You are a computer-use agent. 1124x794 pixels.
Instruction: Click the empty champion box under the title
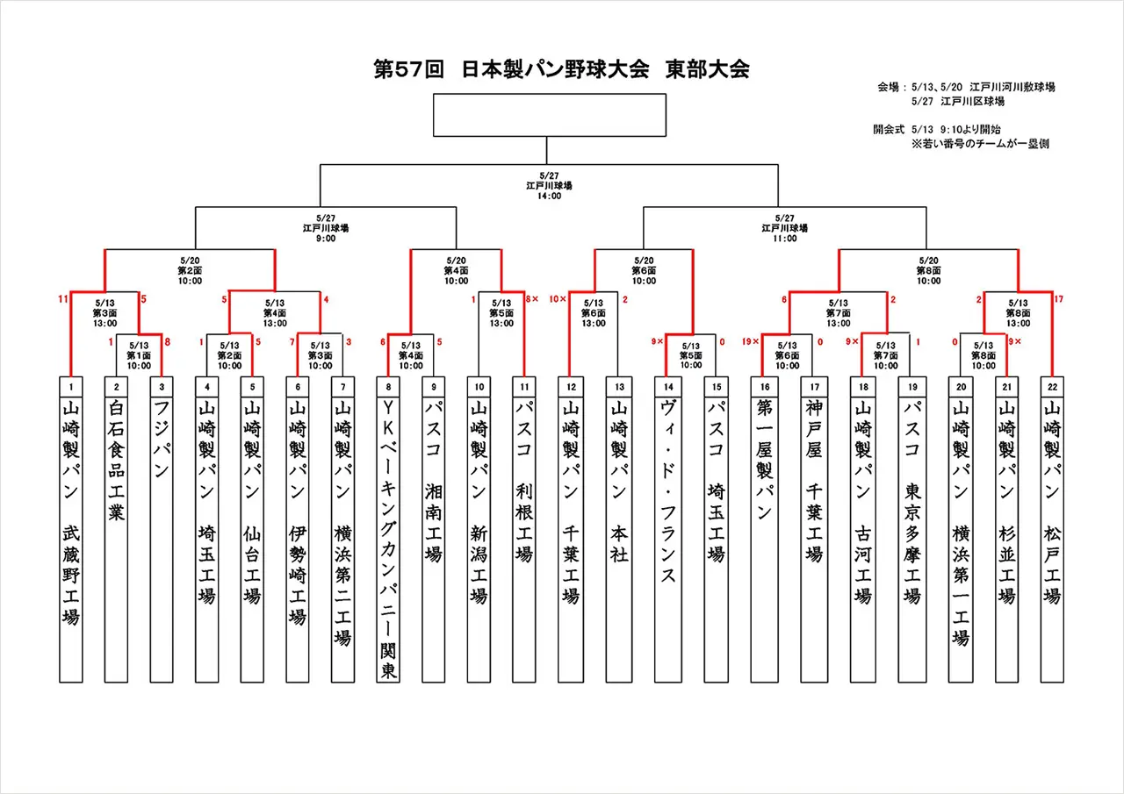pos(550,115)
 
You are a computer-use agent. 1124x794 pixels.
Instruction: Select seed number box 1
pos(70,385)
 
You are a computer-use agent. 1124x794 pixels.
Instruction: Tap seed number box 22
pos(1051,385)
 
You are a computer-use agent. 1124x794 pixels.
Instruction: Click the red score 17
pos(1057,299)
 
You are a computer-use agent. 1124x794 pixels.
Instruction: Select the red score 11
pos(63,299)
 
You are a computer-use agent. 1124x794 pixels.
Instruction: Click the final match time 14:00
pos(550,196)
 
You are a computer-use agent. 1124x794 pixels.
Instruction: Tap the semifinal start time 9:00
pos(325,238)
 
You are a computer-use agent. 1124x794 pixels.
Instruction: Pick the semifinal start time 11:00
pos(785,238)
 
